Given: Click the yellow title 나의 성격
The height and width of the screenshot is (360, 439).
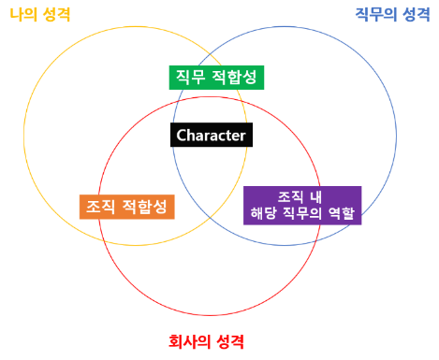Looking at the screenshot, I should [x=39, y=15].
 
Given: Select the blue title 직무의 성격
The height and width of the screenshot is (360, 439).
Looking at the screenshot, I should [x=392, y=14].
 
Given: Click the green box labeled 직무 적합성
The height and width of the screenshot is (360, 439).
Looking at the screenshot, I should [x=216, y=77].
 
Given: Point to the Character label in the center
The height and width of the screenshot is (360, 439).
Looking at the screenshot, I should [x=211, y=136].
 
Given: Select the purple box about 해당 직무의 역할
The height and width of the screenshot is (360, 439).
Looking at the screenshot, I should [x=302, y=205].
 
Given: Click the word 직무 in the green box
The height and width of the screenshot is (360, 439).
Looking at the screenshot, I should [x=192, y=77].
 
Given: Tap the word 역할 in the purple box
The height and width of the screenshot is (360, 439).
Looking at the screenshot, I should [x=342, y=213].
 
